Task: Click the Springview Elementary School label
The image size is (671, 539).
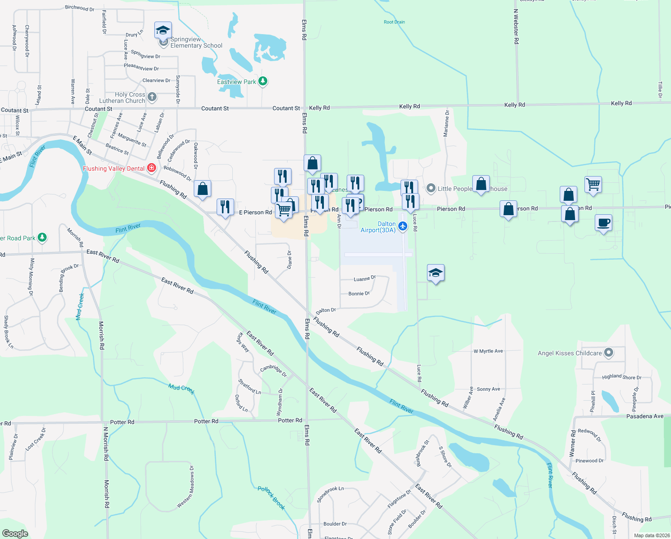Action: pos(196,43)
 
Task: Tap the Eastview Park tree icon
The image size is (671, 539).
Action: pos(263,81)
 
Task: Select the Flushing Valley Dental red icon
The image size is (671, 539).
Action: pos(152,168)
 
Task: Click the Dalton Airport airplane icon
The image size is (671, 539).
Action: pos(402,226)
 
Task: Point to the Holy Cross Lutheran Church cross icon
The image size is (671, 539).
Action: pos(152,97)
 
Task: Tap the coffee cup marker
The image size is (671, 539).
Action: pos(604,223)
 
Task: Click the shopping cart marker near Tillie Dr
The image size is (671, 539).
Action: pos(593,184)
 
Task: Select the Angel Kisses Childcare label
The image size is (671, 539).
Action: pos(570,353)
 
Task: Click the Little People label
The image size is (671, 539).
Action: pos(455,189)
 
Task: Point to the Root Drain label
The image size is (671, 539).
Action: pos(394,22)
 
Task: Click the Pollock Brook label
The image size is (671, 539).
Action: pos(271,498)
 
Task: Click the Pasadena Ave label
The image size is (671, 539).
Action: pos(645,416)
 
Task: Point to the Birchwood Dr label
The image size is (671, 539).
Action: pos(79,8)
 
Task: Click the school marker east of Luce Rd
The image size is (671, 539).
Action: pos(436,273)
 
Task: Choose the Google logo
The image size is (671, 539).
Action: pos(15,534)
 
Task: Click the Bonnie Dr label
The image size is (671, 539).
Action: pos(359,294)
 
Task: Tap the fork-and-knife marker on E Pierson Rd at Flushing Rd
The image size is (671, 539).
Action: pos(225,207)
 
